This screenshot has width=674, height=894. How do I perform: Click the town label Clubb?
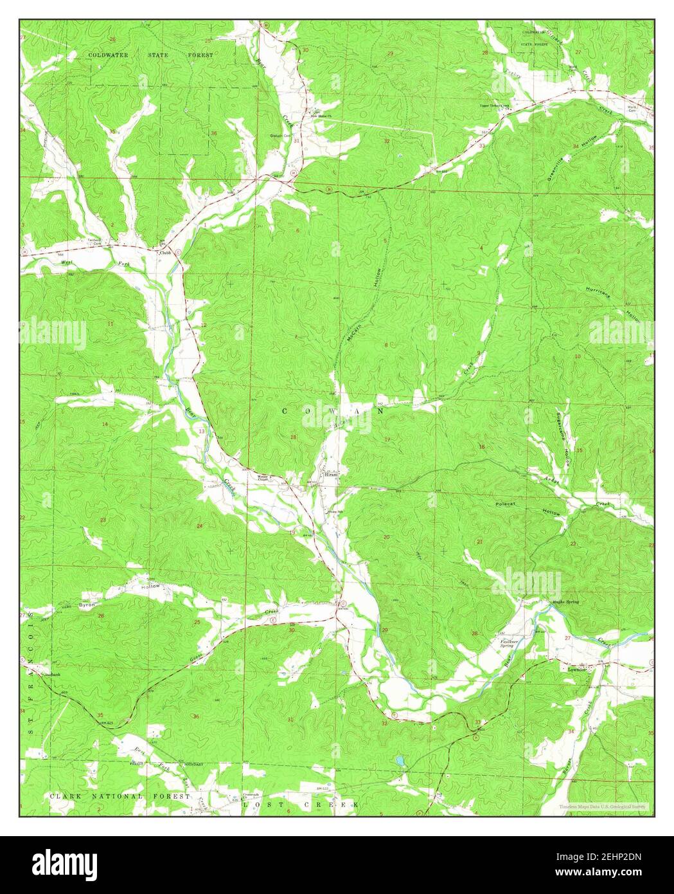click(x=165, y=252)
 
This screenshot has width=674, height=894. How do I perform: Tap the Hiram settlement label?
click(x=332, y=472)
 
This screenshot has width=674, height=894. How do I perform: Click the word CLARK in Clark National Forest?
click(x=63, y=796)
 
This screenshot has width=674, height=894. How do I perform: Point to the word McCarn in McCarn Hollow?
click(x=352, y=333)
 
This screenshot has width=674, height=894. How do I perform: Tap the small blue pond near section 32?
click(x=400, y=761)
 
